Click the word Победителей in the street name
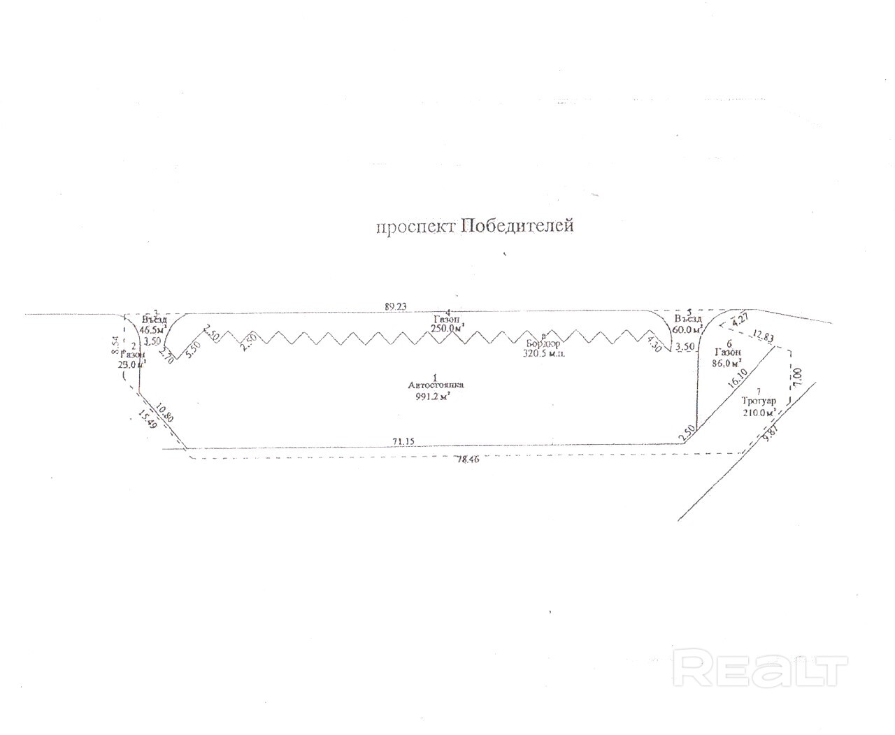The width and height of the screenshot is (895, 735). pos(517,227)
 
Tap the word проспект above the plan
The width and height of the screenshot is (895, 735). pos(415,228)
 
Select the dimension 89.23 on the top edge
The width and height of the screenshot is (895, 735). pos(399,306)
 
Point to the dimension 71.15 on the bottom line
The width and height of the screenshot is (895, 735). pos(404,441)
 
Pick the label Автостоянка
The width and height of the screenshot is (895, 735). pos(435,385)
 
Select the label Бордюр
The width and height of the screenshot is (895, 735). pos(543,343)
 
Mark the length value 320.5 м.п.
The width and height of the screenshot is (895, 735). pos(544,354)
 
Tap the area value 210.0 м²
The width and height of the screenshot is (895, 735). pos(760,413)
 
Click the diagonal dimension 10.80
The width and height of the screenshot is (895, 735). pos(166,412)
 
